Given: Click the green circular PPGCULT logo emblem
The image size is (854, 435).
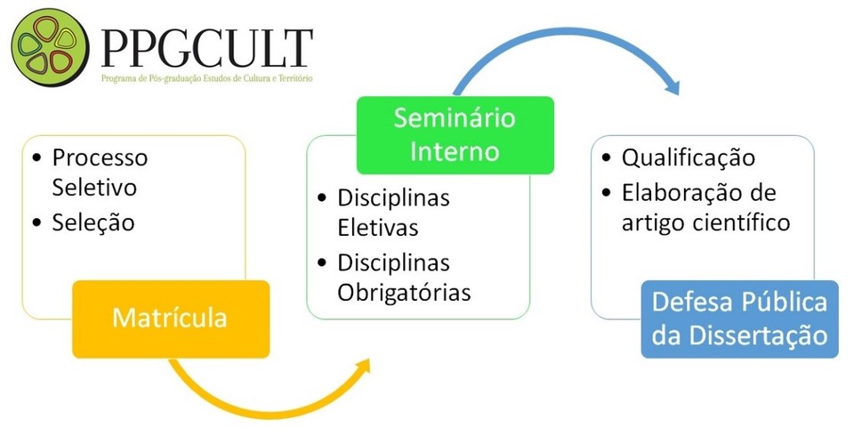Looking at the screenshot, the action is (x=50, y=47).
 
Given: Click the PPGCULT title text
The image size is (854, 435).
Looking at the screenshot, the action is (x=207, y=49).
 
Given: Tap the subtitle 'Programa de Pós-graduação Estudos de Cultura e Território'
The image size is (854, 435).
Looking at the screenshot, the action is (x=207, y=78).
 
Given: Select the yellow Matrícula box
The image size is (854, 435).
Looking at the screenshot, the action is (x=171, y=319).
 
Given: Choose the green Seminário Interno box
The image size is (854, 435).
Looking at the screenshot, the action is (x=455, y=135).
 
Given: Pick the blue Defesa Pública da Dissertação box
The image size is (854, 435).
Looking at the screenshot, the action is (x=739, y=319).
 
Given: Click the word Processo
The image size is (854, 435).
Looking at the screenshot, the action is (x=100, y=157).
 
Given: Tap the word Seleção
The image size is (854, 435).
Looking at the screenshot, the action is (x=93, y=222).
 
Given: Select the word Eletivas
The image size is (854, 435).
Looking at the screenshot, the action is (x=378, y=227).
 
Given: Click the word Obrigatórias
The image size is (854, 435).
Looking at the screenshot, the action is (x=404, y=293).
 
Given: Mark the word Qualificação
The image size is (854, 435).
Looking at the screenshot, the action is (x=689, y=157).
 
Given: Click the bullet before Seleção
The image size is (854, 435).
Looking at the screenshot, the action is (x=37, y=223).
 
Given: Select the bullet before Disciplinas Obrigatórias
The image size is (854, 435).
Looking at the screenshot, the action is (x=322, y=263).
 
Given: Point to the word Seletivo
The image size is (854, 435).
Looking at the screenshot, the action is (x=94, y=188).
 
